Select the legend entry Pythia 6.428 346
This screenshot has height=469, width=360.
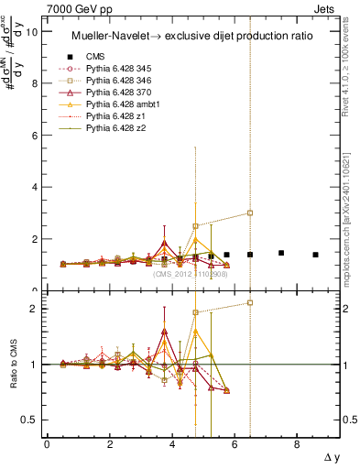click(116, 81)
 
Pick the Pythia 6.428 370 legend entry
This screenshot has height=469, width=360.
click(116, 93)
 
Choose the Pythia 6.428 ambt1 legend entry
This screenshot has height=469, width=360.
click(118, 105)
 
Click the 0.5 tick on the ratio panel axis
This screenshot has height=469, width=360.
click(30, 420)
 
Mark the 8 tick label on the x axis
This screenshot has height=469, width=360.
click(297, 444)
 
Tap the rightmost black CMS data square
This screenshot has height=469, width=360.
click(315, 255)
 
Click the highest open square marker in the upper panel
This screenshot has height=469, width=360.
click(249, 213)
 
